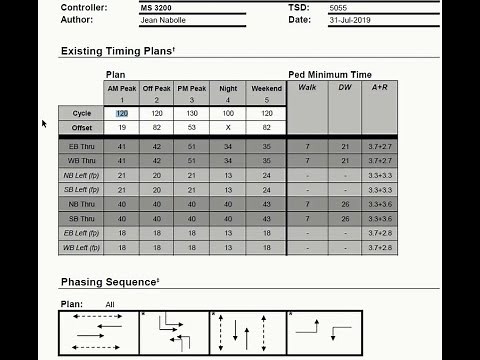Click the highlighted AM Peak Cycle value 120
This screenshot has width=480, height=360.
(x=122, y=113)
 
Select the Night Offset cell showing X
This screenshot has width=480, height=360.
(x=228, y=127)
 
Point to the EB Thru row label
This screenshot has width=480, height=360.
(x=81, y=146)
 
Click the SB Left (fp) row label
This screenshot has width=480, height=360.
(x=81, y=189)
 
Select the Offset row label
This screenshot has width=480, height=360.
(x=81, y=127)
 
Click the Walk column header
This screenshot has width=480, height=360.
(x=307, y=87)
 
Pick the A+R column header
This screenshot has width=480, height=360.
(x=380, y=87)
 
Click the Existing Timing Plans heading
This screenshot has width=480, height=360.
(x=117, y=51)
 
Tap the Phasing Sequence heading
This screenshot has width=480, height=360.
(x=109, y=282)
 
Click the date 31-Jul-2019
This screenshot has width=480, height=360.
(x=349, y=19)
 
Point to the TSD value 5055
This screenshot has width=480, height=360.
(x=339, y=7)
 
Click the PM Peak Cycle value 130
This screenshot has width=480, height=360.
(x=193, y=113)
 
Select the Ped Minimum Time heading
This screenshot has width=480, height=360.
(x=330, y=74)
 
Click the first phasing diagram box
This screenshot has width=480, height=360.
(x=98, y=333)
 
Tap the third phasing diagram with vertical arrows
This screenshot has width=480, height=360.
(x=246, y=333)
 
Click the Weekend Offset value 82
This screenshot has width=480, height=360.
(x=266, y=127)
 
